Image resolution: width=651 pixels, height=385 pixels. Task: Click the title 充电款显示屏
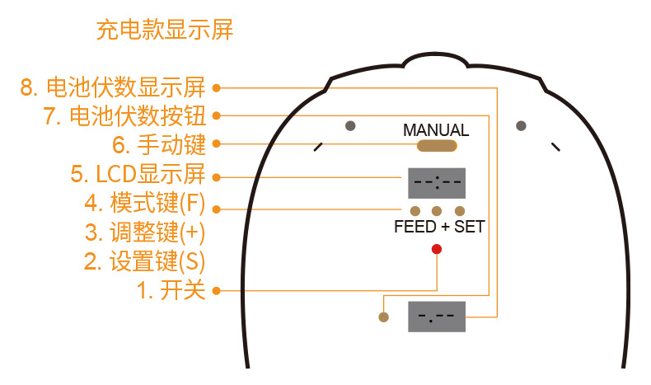click(x=165, y=31)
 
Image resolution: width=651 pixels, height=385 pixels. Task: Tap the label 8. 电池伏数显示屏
click(x=112, y=87)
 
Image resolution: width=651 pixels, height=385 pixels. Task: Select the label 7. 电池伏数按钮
click(x=124, y=116)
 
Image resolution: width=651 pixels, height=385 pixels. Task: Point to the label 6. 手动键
click(x=158, y=145)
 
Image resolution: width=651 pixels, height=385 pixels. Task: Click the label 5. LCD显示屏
click(x=137, y=175)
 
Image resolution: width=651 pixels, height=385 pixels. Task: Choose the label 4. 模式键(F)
click(x=144, y=203)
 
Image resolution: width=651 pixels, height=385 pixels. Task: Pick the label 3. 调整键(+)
click(x=144, y=232)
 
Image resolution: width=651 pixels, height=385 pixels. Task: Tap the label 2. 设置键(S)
click(x=144, y=262)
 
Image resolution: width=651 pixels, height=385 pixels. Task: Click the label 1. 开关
click(x=171, y=291)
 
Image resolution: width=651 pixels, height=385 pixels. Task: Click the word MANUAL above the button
click(x=436, y=130)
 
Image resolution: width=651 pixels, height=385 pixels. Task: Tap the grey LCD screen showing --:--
click(x=437, y=182)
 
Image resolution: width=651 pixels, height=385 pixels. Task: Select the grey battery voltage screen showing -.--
click(x=437, y=316)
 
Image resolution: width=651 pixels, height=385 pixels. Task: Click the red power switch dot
click(x=437, y=249)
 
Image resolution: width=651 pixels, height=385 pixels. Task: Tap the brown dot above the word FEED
click(x=415, y=211)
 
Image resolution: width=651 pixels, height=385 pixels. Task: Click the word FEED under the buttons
click(x=415, y=227)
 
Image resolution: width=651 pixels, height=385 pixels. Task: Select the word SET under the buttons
click(x=469, y=227)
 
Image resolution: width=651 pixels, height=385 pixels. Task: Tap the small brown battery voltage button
click(x=382, y=317)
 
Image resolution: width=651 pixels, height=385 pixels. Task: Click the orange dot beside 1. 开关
click(x=216, y=290)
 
